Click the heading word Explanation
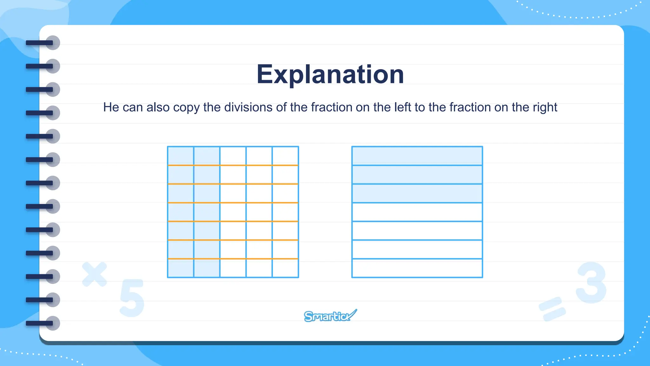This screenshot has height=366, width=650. [330, 74]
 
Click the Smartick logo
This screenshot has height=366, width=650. [330, 316]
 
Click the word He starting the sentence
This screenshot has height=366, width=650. [111, 107]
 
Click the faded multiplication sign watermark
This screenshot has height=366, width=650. [94, 274]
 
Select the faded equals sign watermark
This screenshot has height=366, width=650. [552, 308]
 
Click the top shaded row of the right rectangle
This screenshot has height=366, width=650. [417, 156]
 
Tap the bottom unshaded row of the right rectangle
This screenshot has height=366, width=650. [417, 268]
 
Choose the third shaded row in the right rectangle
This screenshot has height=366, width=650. [417, 193]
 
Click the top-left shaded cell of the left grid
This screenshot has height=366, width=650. [181, 156]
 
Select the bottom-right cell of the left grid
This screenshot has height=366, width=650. [285, 268]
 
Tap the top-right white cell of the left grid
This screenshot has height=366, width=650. [285, 156]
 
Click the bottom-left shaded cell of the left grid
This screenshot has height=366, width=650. [181, 268]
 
